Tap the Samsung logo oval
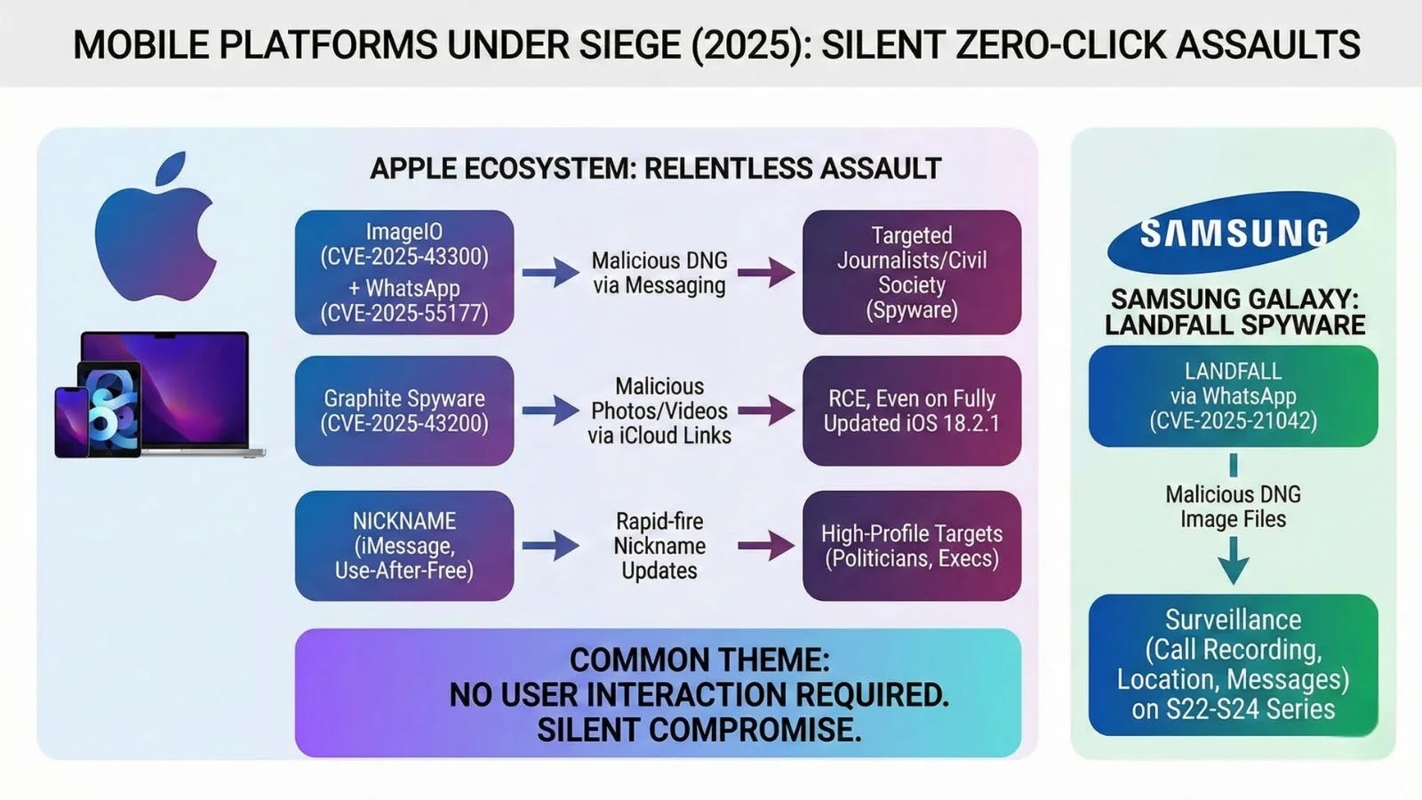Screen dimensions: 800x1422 [x=1234, y=232]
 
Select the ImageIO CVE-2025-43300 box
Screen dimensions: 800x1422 [x=404, y=272]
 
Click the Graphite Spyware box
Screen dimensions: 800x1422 [x=404, y=411]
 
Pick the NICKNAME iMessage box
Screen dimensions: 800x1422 [x=404, y=545]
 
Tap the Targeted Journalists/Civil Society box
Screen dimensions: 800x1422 [x=912, y=272]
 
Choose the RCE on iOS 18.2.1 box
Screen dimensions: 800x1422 [x=912, y=411]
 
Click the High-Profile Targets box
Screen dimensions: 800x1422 [x=912, y=545]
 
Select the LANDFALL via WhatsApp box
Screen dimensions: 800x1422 [x=1233, y=396]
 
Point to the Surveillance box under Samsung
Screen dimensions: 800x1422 [x=1233, y=664]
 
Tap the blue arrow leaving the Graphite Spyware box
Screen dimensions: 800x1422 [x=550, y=411]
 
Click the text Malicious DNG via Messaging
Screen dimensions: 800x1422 [x=659, y=273]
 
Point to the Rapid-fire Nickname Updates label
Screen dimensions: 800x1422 [x=659, y=545]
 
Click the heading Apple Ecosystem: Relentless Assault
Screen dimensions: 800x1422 [x=655, y=168]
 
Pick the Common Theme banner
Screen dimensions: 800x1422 [x=658, y=693]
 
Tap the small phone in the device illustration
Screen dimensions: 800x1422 [x=71, y=422]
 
